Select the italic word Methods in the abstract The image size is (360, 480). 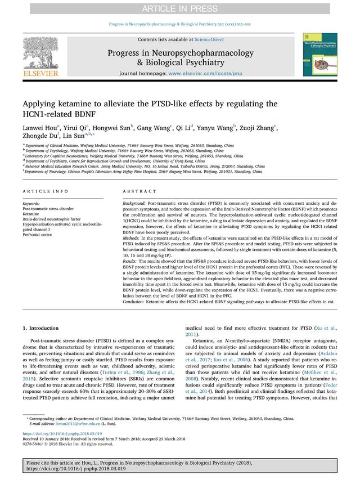132,240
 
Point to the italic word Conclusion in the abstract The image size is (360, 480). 134,302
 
